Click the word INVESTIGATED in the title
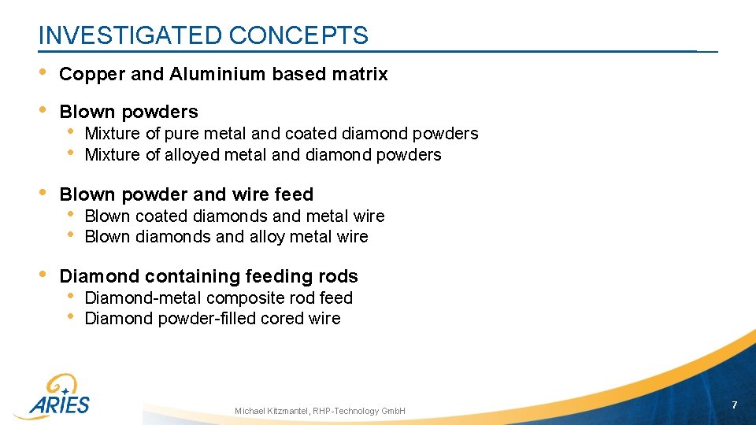point(130,35)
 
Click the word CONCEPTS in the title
point(298,35)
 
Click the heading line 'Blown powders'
point(128,113)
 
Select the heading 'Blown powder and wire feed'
point(186,194)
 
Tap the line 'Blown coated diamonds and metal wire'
point(234,216)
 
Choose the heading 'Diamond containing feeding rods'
point(209,276)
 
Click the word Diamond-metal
point(142,298)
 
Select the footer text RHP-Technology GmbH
point(359,411)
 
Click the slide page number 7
point(734,405)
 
